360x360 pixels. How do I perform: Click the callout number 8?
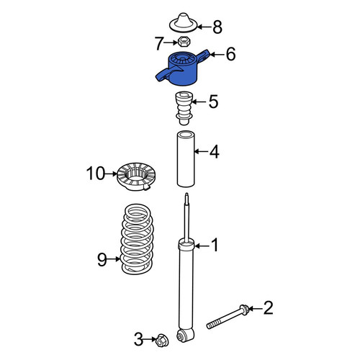pos(217,27)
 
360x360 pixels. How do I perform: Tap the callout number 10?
pos(96,174)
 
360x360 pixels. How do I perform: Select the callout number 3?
pos(138,339)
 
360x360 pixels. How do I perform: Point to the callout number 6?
pos(230,54)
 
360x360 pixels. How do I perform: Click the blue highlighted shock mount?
pos(183,70)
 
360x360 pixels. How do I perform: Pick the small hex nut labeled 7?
pos(184,42)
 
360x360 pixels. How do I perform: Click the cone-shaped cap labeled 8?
pos(184,24)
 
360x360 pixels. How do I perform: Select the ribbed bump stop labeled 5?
pos(184,108)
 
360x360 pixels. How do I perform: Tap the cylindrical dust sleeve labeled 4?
pos(186,158)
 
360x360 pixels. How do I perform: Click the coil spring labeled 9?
pos(138,240)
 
